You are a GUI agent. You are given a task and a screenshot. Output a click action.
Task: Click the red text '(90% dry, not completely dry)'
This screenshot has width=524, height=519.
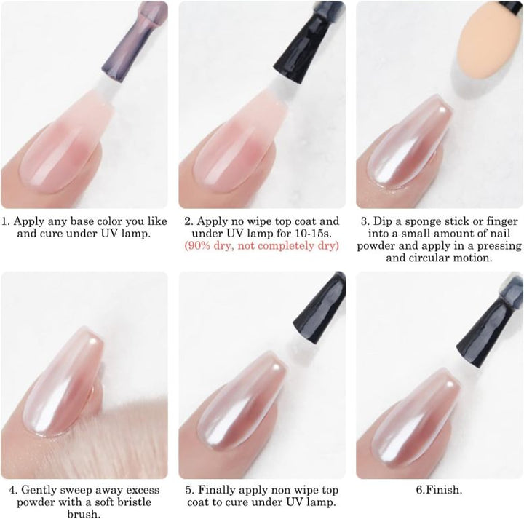262,246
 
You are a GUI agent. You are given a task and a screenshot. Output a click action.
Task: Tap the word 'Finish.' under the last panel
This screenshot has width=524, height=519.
445,490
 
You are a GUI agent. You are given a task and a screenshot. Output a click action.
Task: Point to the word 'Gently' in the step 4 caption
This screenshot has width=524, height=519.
37,491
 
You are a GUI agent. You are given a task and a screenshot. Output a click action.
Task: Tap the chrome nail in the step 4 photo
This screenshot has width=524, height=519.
62,381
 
